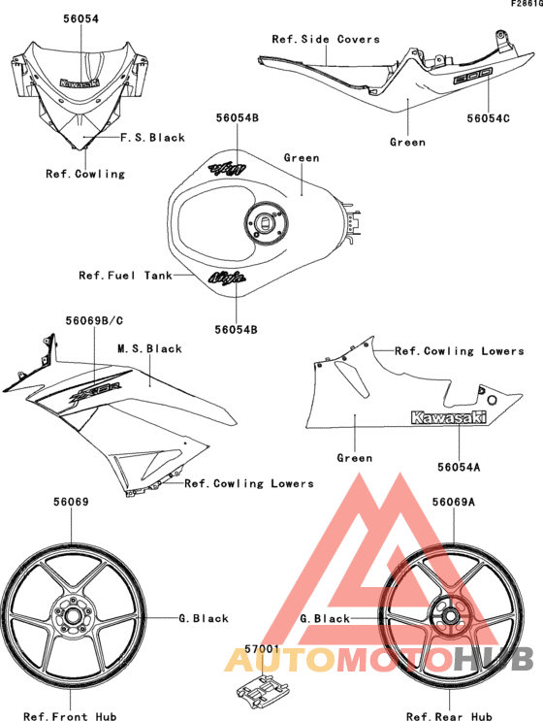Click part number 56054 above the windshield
[x=80, y=18]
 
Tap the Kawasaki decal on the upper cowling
[x=80, y=82]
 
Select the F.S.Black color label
[x=152, y=138]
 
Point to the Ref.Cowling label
[x=85, y=174]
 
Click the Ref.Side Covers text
[x=326, y=39]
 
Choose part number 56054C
[x=489, y=118]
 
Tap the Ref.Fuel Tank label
[x=125, y=276]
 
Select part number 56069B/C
[x=94, y=320]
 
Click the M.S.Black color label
[x=149, y=349]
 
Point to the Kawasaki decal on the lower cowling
[x=448, y=417]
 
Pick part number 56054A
[x=459, y=467]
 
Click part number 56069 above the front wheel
[x=71, y=502]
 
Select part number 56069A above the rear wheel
[x=454, y=502]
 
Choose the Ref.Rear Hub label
[x=449, y=716]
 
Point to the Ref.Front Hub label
[x=70, y=716]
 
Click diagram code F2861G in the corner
[x=527, y=4]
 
